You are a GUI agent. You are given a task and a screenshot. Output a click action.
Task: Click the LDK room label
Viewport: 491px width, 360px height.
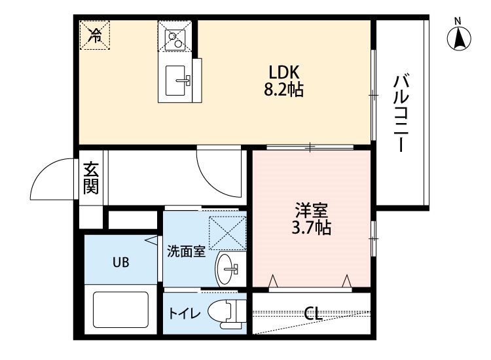pos(284,73)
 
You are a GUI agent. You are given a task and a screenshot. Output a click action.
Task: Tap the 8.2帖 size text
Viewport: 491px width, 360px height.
pos(283,90)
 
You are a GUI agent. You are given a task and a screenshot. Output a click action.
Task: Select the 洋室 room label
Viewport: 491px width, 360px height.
pos(311,210)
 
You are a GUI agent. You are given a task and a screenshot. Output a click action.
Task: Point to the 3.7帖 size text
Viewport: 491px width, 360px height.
pos(311,228)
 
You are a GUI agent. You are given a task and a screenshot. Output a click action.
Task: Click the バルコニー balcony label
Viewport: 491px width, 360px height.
pos(401,113)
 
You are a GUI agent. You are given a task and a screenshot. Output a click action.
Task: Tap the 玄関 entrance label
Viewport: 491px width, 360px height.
pos(91,178)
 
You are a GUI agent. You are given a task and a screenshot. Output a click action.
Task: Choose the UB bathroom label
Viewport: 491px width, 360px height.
pos(121,262)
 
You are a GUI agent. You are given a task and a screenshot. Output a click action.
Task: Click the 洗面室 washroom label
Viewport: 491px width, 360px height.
pos(186,251)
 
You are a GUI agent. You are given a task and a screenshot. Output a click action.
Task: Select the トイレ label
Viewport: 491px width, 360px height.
pos(185,313)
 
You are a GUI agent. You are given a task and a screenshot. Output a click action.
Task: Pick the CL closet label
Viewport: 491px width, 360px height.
pos(314,313)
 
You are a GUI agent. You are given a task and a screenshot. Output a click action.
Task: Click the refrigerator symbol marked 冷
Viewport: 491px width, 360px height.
pos(95,35)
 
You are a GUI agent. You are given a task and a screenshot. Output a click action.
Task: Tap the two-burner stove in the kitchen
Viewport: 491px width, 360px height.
pos(175,40)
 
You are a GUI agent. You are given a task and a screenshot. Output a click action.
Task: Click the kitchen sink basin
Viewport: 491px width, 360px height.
pos(175,81)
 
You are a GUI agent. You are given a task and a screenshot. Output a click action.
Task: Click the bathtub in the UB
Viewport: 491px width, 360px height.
pos(121,310)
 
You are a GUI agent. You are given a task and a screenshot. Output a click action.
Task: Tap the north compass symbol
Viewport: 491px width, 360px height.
pos(459,39)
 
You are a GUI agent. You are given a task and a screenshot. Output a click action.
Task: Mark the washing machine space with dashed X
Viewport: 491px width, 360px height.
pos(227,233)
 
